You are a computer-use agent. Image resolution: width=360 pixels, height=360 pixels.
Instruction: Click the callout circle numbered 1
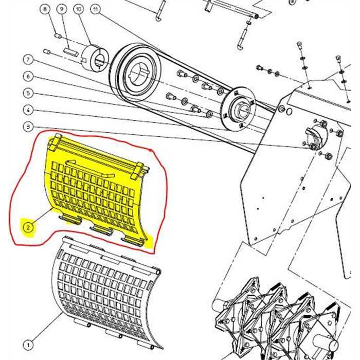(x=28, y=345)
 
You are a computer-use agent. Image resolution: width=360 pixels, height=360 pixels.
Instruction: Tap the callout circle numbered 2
(x=28, y=225)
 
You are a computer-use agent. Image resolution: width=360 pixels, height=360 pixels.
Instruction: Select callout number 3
(x=28, y=127)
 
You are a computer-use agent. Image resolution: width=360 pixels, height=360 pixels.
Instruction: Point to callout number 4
(x=28, y=110)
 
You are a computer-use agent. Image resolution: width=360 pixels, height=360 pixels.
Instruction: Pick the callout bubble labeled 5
(x=28, y=93)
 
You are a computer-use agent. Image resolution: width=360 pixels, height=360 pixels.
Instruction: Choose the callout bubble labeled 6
(x=28, y=76)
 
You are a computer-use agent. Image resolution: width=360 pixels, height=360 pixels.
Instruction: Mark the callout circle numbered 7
(x=28, y=59)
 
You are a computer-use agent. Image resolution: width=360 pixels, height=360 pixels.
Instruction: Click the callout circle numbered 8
(x=45, y=10)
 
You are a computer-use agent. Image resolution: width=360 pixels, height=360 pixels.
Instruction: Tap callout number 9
(x=61, y=10)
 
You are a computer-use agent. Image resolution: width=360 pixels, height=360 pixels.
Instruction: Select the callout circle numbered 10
(x=78, y=10)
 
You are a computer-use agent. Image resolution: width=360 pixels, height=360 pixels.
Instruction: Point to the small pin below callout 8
(x=58, y=35)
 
